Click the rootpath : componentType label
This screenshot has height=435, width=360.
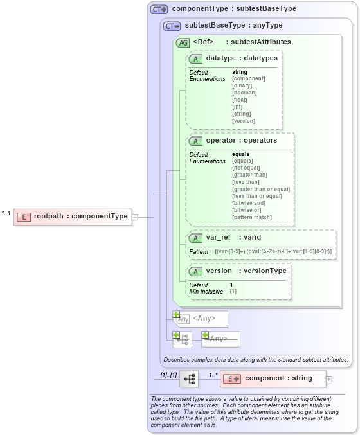tap(80, 217)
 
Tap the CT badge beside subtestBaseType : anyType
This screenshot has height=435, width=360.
tap(172, 26)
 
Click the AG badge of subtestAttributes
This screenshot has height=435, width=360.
tap(183, 42)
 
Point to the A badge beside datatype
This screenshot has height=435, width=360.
tap(195, 58)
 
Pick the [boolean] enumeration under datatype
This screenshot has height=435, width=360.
tap(244, 93)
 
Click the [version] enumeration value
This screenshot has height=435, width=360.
tap(244, 121)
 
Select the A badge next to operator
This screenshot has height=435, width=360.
tap(195, 141)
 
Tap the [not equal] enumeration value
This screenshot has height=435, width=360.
tap(246, 168)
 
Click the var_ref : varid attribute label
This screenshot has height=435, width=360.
tap(228, 238)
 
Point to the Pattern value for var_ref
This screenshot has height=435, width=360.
tap(282, 252)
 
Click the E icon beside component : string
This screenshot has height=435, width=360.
tap(231, 378)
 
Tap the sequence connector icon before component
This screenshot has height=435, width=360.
tap(190, 379)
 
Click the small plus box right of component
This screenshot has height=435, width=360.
tap(330, 379)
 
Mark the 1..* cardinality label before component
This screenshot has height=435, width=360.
tap(212, 375)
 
